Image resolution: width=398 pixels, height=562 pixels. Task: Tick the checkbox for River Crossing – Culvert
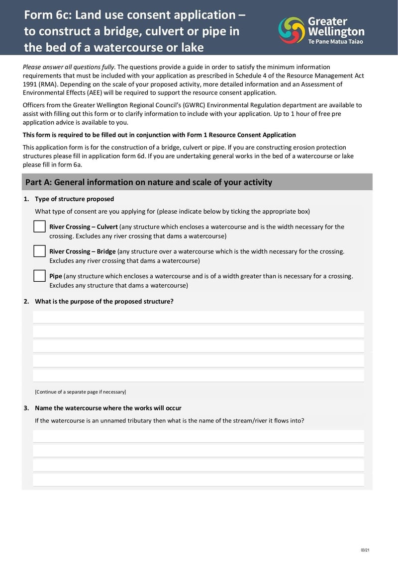(40, 227)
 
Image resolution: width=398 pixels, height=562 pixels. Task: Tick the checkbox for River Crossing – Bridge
(40, 251)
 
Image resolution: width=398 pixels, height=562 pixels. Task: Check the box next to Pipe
(40, 276)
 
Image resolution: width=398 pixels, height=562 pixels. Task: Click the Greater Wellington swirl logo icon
(292, 30)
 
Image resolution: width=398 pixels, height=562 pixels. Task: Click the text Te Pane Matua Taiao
(336, 42)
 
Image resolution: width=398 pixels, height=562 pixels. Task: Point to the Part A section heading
(149, 182)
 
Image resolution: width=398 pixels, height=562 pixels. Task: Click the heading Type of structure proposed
(74, 199)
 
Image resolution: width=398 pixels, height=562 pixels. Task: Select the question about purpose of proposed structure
(104, 302)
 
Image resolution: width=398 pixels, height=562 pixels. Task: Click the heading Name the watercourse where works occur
(108, 408)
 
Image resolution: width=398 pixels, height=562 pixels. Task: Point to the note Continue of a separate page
(80, 392)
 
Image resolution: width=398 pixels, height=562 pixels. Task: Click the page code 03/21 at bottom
(365, 550)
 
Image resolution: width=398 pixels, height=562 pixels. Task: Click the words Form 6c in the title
(47, 15)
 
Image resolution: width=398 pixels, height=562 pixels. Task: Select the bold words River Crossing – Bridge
(83, 251)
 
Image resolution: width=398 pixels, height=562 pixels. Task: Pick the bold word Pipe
(56, 276)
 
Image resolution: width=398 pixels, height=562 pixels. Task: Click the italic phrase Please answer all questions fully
(69, 67)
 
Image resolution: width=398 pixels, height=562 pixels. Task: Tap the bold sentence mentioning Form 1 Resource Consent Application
(159, 135)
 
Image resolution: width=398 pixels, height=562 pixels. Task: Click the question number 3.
(26, 408)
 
